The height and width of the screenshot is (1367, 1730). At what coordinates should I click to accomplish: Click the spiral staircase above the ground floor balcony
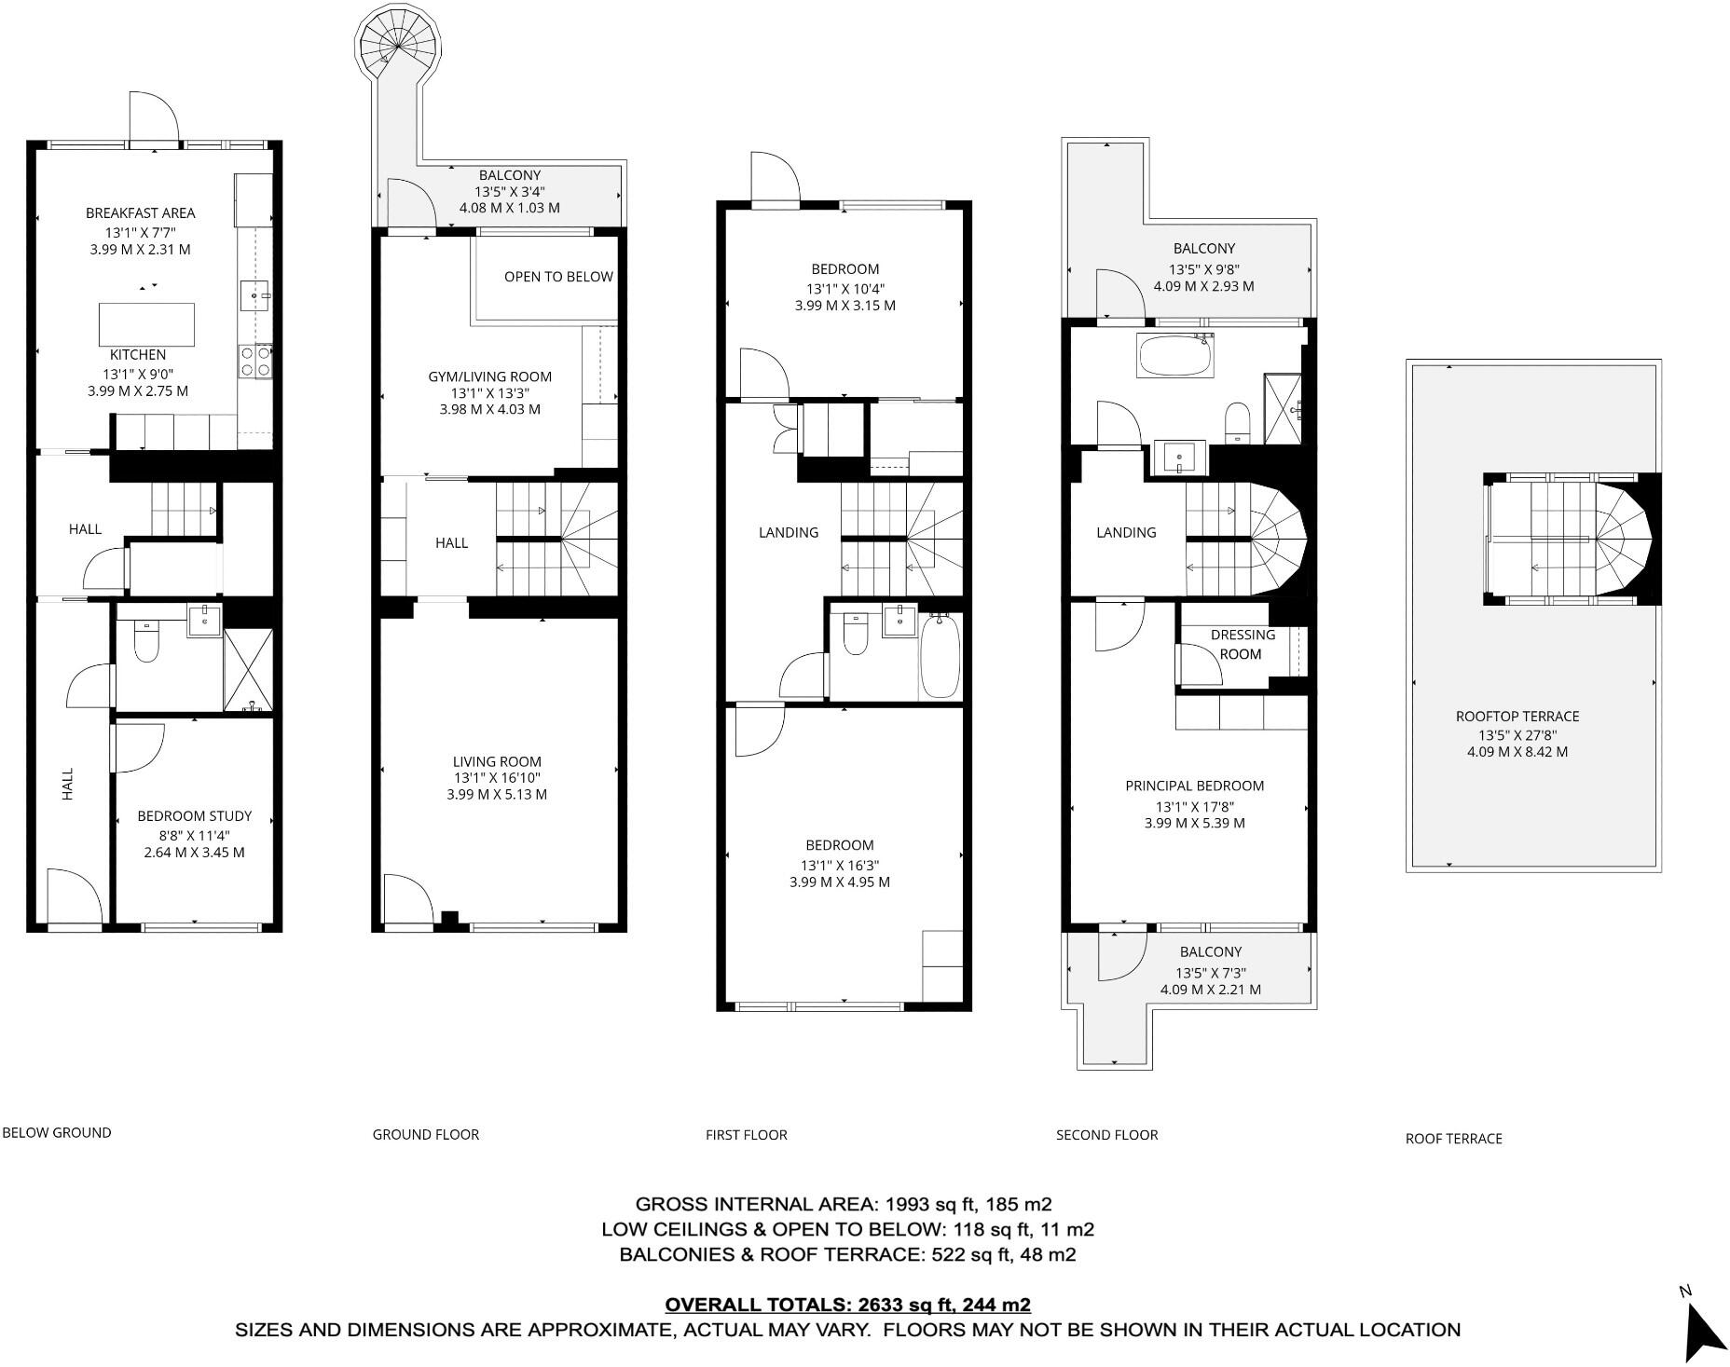click(396, 47)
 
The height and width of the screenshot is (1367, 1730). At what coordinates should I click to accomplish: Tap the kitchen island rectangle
click(147, 324)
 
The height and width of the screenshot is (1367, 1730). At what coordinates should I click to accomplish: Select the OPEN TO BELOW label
click(558, 277)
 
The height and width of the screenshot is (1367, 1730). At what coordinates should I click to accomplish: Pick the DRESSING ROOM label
click(1242, 645)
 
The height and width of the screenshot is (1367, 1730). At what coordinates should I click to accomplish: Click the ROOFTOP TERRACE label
click(1517, 717)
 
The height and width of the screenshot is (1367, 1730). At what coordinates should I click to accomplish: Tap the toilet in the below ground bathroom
click(147, 639)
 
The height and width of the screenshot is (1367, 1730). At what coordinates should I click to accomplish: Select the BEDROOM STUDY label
click(195, 816)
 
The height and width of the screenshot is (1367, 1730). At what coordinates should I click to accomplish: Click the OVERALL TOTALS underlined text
click(847, 1305)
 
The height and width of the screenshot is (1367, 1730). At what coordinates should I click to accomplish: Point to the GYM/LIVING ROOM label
click(489, 376)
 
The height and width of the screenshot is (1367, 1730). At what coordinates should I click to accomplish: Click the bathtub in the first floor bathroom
click(940, 657)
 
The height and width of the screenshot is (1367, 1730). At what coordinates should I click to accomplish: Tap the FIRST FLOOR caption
click(746, 1135)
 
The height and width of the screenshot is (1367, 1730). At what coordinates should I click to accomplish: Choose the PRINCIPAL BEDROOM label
click(1194, 786)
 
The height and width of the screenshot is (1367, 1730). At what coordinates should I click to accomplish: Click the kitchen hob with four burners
click(256, 361)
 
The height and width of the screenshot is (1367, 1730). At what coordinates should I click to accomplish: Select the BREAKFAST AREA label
click(140, 213)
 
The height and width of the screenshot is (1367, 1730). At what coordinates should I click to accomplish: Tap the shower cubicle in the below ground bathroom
click(248, 670)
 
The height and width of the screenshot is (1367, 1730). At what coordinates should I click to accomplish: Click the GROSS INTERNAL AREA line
click(844, 1204)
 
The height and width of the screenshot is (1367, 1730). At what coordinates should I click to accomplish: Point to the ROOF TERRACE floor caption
click(1453, 1139)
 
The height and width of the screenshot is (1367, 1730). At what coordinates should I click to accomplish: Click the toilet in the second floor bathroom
click(1238, 422)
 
